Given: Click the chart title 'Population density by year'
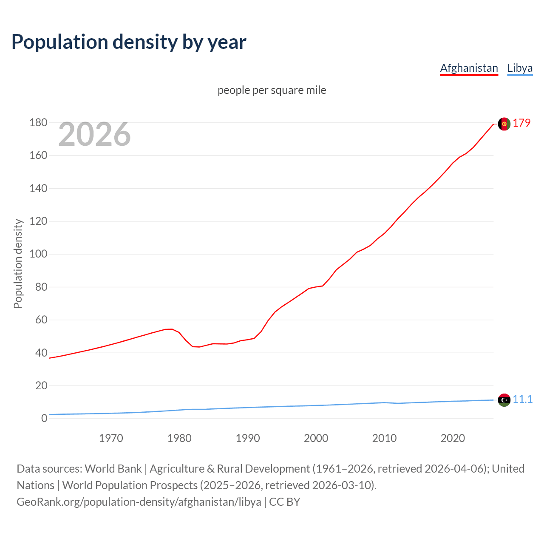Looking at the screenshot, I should (x=129, y=42).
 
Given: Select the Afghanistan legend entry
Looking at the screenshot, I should (x=469, y=68).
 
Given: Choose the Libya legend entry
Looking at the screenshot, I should (x=520, y=68).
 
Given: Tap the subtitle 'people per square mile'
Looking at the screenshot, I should (x=272, y=90).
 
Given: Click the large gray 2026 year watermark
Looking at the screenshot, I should (x=94, y=134).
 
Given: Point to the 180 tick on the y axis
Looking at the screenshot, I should (x=38, y=123).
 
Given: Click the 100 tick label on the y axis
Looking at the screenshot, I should (x=38, y=254).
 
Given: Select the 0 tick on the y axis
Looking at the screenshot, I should (x=44, y=418).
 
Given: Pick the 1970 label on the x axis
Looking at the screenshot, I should (x=111, y=438).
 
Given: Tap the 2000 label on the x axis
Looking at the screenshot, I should (x=316, y=438).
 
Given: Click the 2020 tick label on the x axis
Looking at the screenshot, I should (x=453, y=438).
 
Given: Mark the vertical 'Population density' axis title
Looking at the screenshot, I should (x=18, y=263).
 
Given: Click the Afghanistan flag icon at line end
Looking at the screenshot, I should (x=504, y=124).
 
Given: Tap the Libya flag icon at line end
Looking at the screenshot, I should (x=504, y=400).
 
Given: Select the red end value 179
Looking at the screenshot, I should (x=521, y=123).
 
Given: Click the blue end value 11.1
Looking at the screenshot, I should (x=522, y=399).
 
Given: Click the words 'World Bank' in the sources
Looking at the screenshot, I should (x=113, y=468).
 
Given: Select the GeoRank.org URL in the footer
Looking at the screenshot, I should (x=139, y=501).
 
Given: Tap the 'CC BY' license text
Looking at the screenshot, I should (x=285, y=501).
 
